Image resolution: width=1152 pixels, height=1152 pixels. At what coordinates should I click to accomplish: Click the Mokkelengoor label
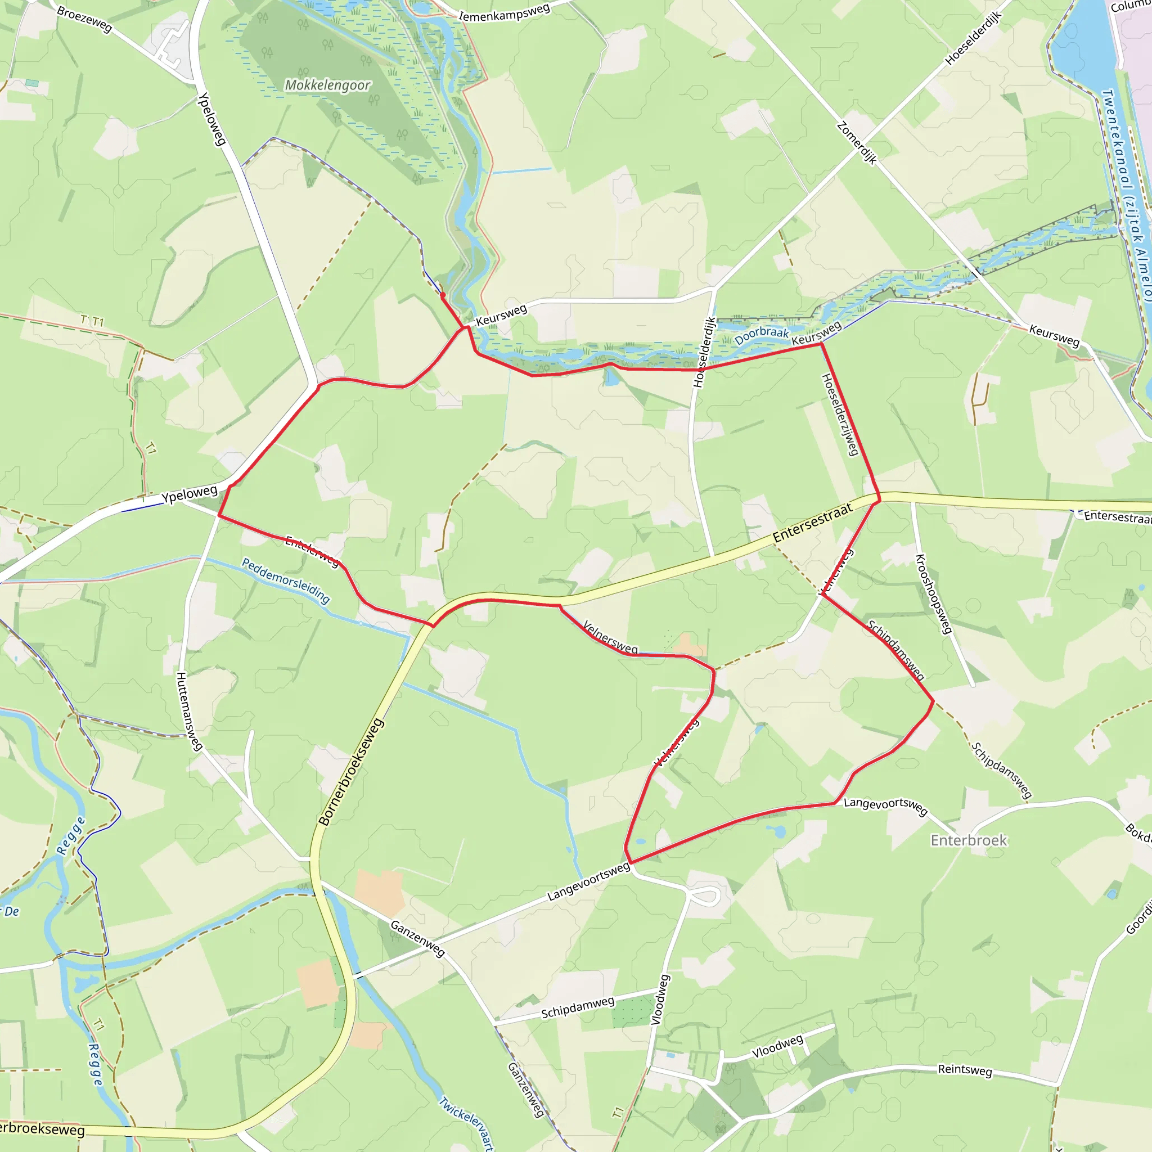coord(327,85)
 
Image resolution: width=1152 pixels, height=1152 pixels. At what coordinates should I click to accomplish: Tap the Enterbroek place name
coord(969,840)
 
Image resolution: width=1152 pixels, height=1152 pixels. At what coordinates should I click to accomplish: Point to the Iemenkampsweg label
coord(504,12)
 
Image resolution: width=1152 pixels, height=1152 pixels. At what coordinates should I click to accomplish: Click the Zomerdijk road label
coord(857,143)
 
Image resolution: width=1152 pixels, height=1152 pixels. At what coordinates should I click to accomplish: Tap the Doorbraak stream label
coord(762,336)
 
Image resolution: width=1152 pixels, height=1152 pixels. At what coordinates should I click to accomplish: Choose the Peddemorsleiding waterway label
coord(286,580)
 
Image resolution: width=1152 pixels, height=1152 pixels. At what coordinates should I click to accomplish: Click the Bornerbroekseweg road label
coord(350,773)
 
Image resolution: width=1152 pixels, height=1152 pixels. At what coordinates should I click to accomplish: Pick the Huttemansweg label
coord(189,711)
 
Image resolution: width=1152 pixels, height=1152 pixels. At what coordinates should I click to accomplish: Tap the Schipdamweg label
coord(577,1007)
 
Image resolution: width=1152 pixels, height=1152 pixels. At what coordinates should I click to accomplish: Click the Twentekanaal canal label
coord(1126,197)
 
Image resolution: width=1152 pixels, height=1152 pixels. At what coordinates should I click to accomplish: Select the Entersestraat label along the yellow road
coord(812,524)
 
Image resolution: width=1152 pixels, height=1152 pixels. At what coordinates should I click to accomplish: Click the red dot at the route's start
coord(443,295)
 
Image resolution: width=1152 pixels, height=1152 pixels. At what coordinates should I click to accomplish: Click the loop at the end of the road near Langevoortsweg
coord(705,895)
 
